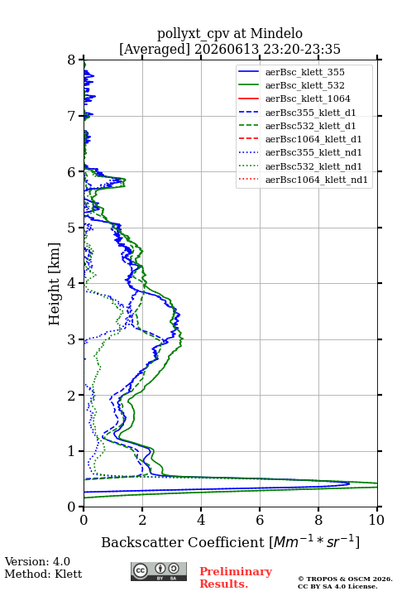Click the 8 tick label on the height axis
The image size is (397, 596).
coord(72,60)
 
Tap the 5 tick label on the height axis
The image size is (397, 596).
coord(72,228)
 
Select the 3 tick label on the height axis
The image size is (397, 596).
coord(72,339)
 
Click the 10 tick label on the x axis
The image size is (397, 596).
coord(376,520)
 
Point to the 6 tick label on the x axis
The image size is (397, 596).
coord(260,520)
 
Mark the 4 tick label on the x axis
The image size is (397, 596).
coord(201,520)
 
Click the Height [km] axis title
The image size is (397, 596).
coord(55,284)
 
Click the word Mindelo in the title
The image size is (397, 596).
coord(276,33)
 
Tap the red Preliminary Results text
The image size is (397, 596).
coord(236,577)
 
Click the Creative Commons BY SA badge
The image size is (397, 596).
coord(159,572)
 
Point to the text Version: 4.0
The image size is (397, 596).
coord(37,561)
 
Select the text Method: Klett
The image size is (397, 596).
coord(43,574)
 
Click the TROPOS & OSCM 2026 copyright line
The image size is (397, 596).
coord(345,579)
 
